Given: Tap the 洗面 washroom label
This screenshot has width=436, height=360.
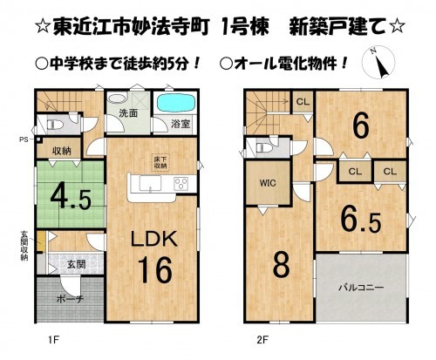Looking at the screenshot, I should click(129, 113).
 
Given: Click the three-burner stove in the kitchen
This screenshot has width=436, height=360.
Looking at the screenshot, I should click(183, 185).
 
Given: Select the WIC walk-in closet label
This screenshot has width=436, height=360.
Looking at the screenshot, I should click(267, 186).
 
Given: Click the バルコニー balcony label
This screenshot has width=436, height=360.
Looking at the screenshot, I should click(359, 286).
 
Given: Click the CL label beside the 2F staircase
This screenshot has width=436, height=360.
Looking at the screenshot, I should click(302, 101).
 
